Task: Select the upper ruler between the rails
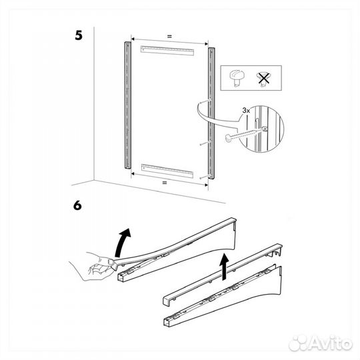[x=167, y=49]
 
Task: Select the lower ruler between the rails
[x=167, y=169]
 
